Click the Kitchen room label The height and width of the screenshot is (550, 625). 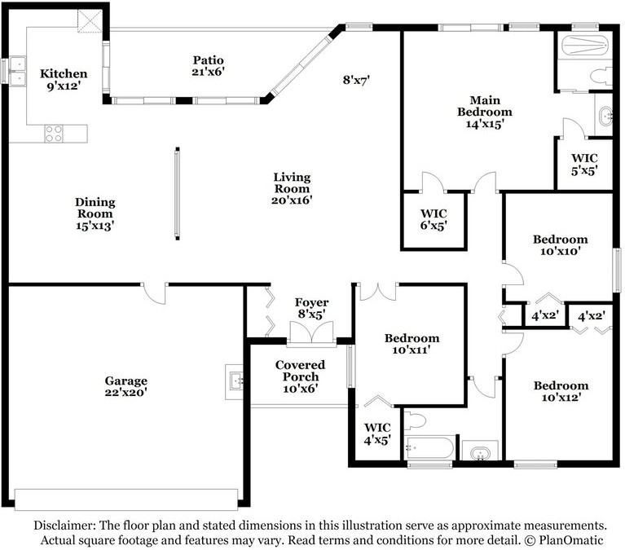tap(64, 79)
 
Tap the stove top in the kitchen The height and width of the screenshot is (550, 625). tap(54, 134)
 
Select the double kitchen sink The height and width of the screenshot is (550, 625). tap(18, 71)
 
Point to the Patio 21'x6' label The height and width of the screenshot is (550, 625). tap(208, 66)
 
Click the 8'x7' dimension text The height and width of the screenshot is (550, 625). tap(356, 80)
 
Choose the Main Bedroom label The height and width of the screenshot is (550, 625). tap(485, 112)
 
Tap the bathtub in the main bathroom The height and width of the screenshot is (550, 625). tap(585, 46)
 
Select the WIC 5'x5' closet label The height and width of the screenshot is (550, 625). tap(584, 165)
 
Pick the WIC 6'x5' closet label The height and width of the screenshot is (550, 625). tap(434, 219)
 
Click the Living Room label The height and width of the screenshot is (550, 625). tap(292, 188)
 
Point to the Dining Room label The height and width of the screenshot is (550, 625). tap(95, 213)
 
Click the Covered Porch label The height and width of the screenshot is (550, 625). tap(300, 376)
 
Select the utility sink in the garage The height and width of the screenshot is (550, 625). tap(236, 381)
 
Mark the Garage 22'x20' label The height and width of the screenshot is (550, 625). tap(126, 386)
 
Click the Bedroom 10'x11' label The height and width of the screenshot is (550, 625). tap(412, 344)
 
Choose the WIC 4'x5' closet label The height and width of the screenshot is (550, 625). tap(377, 433)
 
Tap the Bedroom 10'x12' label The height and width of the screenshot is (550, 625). tap(561, 391)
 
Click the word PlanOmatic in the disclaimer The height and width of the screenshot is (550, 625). tap(571, 540)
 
